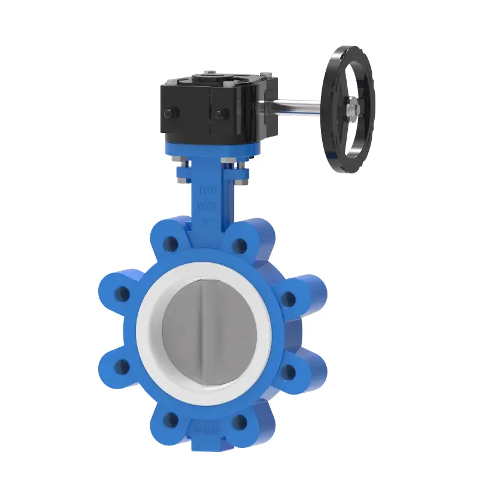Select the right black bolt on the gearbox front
222,114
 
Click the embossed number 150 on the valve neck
207,191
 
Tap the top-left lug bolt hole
171,244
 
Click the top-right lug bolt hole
240,244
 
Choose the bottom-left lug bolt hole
171,419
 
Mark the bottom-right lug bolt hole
239,422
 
